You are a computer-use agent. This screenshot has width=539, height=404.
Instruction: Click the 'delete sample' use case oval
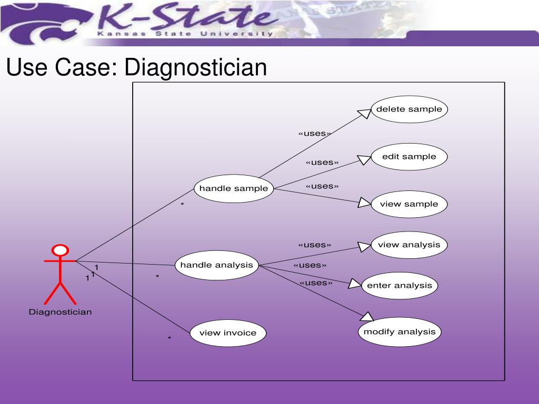tap(409, 109)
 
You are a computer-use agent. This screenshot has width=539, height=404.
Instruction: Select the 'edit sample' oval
tap(409, 157)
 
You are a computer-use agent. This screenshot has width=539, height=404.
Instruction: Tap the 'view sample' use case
tap(409, 204)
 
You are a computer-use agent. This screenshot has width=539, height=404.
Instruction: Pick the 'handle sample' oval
tap(234, 189)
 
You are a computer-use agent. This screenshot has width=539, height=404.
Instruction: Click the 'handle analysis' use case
tap(217, 265)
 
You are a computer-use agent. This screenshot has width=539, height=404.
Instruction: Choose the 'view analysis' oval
tap(409, 245)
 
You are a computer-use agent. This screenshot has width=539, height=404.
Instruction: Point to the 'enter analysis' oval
tap(399, 286)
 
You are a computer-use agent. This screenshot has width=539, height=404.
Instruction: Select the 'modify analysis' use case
tap(400, 332)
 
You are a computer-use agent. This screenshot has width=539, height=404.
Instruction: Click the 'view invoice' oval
tap(228, 333)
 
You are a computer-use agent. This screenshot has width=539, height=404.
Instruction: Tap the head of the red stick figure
tap(60, 250)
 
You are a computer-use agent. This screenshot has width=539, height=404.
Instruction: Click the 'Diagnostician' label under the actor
tap(60, 312)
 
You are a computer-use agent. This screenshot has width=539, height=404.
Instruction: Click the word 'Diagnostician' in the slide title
tap(196, 68)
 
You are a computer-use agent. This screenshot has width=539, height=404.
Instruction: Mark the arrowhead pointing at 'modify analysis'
tap(367, 316)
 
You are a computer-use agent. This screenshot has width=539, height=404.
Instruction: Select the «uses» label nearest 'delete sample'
tap(314, 133)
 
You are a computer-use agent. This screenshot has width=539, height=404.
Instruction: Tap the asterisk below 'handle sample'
tap(182, 205)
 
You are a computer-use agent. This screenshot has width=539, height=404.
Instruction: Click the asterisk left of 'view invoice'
tap(169, 339)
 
